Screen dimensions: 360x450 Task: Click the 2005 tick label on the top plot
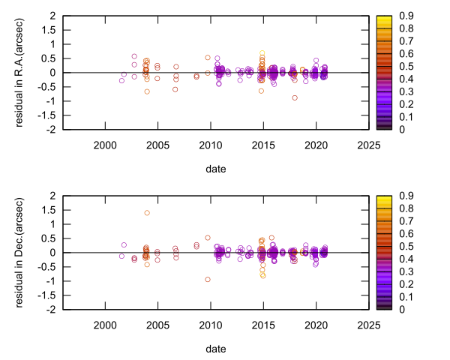(x=157, y=145)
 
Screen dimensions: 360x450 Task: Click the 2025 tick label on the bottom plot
(x=368, y=325)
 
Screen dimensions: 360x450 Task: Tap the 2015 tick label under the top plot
(x=262, y=145)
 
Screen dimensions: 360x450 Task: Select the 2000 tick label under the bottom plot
(x=104, y=325)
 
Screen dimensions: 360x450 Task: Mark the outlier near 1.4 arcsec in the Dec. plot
(x=147, y=213)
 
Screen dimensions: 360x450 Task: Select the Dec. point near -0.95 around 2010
(x=208, y=279)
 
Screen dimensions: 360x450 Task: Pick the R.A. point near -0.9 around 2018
(x=295, y=97)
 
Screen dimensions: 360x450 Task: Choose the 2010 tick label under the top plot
(x=210, y=145)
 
